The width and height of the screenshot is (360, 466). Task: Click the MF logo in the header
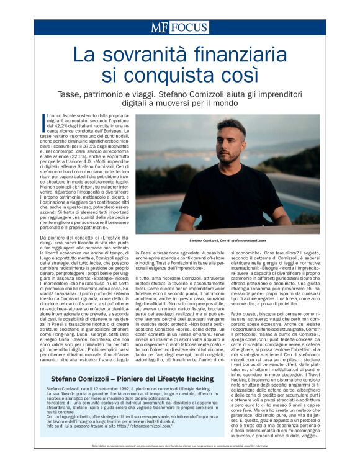click(x=158, y=27)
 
